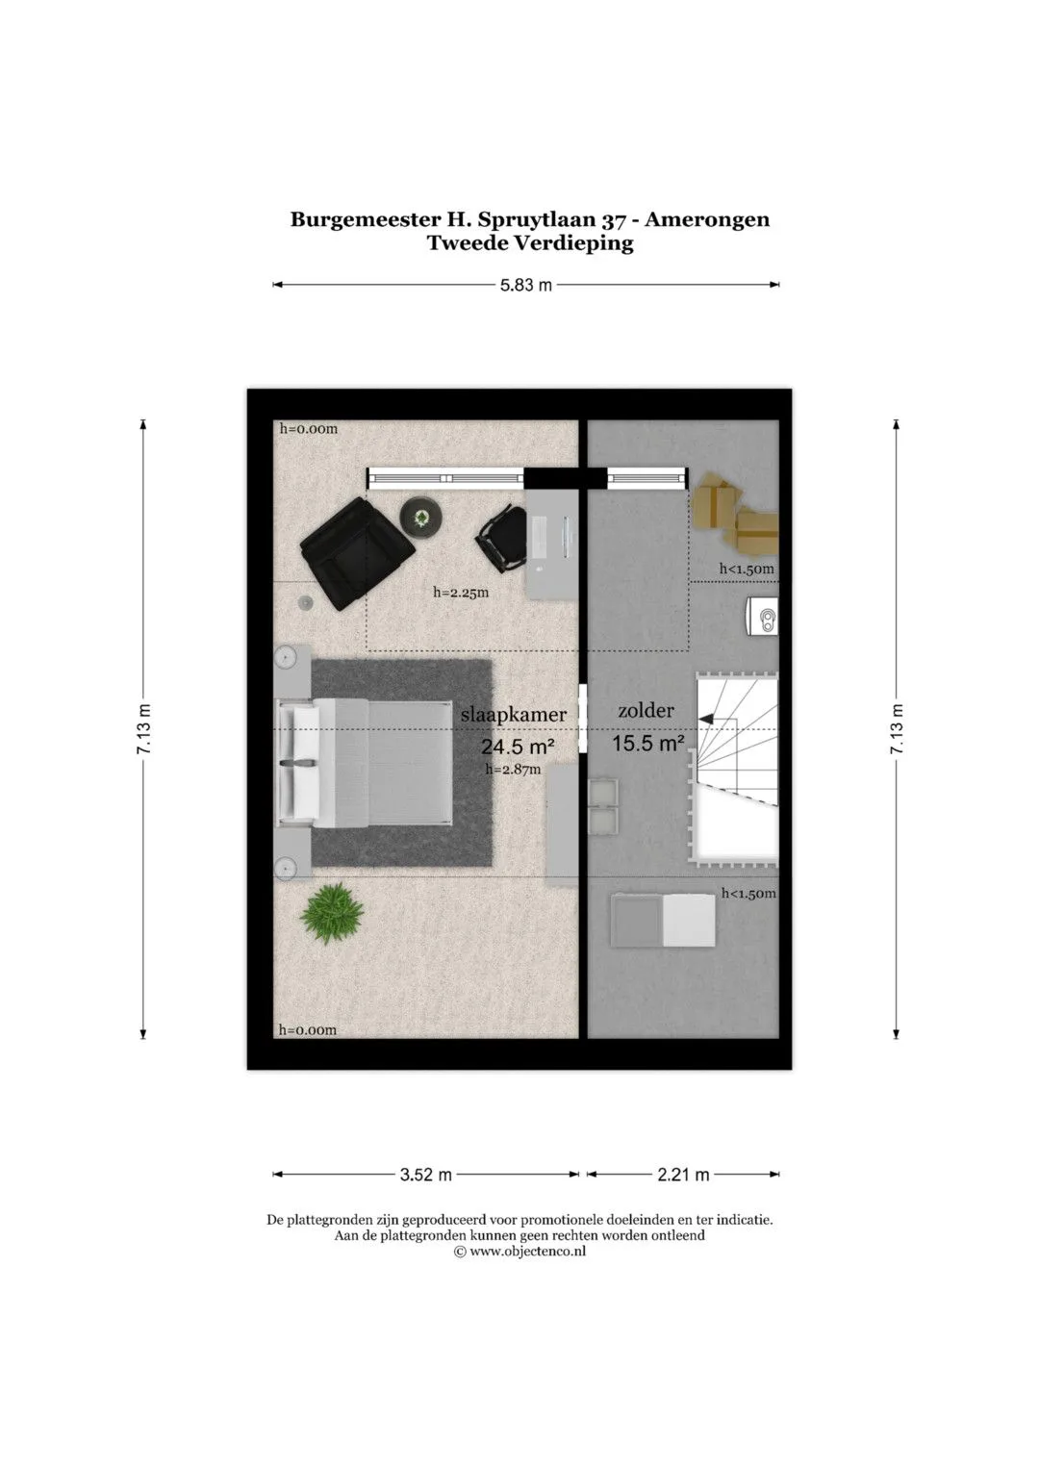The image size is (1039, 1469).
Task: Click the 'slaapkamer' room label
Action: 513,715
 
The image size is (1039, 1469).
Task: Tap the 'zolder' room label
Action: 646,710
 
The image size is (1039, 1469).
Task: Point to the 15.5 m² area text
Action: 648,743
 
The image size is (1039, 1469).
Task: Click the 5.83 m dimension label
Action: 526,286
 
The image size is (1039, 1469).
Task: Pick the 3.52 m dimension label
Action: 425,1175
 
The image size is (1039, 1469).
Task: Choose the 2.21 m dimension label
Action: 683,1175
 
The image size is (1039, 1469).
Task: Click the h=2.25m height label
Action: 461,593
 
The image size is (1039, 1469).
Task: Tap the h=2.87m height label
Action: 513,770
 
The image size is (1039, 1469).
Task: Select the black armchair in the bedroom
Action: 357,553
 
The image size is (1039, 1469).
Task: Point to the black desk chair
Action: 502,539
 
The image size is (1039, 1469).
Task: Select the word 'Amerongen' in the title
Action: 706,219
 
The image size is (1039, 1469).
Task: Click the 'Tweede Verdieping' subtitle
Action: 530,242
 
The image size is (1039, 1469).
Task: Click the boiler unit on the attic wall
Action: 762,617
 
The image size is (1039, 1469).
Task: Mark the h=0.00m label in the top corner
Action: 308,429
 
